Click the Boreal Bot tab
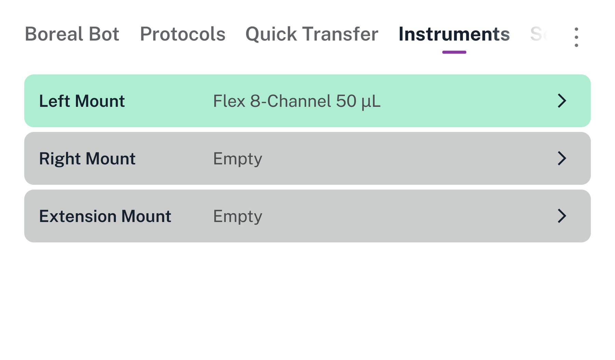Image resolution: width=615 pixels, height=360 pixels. click(72, 34)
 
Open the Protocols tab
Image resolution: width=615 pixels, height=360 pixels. click(182, 34)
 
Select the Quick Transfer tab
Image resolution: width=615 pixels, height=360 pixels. click(312, 34)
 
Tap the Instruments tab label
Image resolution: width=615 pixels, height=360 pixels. click(454, 34)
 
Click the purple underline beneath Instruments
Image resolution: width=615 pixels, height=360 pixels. click(454, 52)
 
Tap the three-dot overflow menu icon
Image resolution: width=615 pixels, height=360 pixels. click(576, 37)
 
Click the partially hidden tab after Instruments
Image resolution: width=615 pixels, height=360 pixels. click(538, 34)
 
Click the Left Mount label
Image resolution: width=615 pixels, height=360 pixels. click(82, 101)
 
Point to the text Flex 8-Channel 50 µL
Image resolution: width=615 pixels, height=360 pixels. click(297, 101)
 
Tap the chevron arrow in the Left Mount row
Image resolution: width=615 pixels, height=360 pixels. click(562, 101)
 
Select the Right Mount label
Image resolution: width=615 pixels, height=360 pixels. click(87, 159)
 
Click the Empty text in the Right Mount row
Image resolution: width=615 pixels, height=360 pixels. click(237, 159)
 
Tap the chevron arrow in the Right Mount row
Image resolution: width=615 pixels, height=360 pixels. click(562, 158)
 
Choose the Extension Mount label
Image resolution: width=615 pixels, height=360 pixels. click(105, 216)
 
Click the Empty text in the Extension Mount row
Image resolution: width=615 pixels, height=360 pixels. click(237, 216)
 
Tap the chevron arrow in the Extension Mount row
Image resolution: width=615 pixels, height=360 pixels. click(562, 216)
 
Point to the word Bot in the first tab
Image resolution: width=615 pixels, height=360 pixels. click(104, 34)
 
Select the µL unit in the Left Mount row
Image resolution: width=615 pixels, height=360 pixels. click(371, 101)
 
